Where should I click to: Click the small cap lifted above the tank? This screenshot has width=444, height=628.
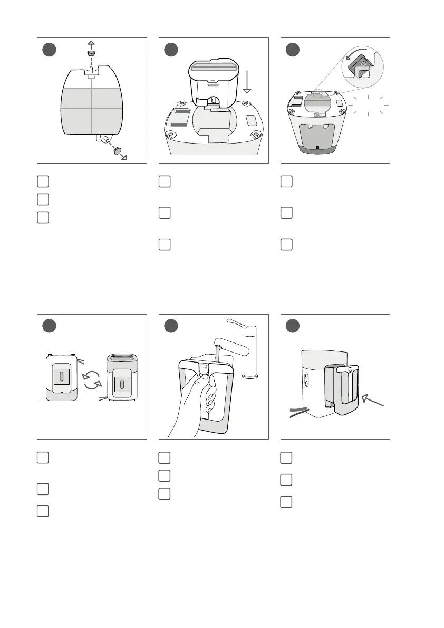(91, 54)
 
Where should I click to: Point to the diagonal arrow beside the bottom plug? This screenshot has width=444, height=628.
(127, 157)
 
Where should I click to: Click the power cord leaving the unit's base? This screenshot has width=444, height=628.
(298, 411)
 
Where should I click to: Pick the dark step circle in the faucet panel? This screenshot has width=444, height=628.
(171, 326)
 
